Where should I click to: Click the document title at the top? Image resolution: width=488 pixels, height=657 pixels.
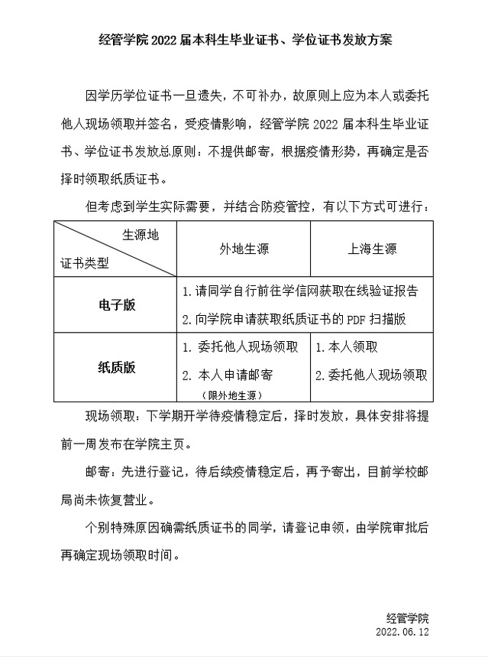244,40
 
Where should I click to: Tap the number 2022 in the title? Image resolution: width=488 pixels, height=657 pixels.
164,40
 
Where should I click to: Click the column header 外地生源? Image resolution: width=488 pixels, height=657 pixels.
244,249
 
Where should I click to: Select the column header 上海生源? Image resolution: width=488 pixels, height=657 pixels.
372,249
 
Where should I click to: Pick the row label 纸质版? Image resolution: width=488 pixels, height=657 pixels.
117,367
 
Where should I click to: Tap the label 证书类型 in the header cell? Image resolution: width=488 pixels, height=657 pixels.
85,263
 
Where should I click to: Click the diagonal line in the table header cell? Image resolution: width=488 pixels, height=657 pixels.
115,249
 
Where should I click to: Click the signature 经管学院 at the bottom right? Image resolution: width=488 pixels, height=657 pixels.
408,618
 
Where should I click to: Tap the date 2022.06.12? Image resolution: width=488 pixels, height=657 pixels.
402,633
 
